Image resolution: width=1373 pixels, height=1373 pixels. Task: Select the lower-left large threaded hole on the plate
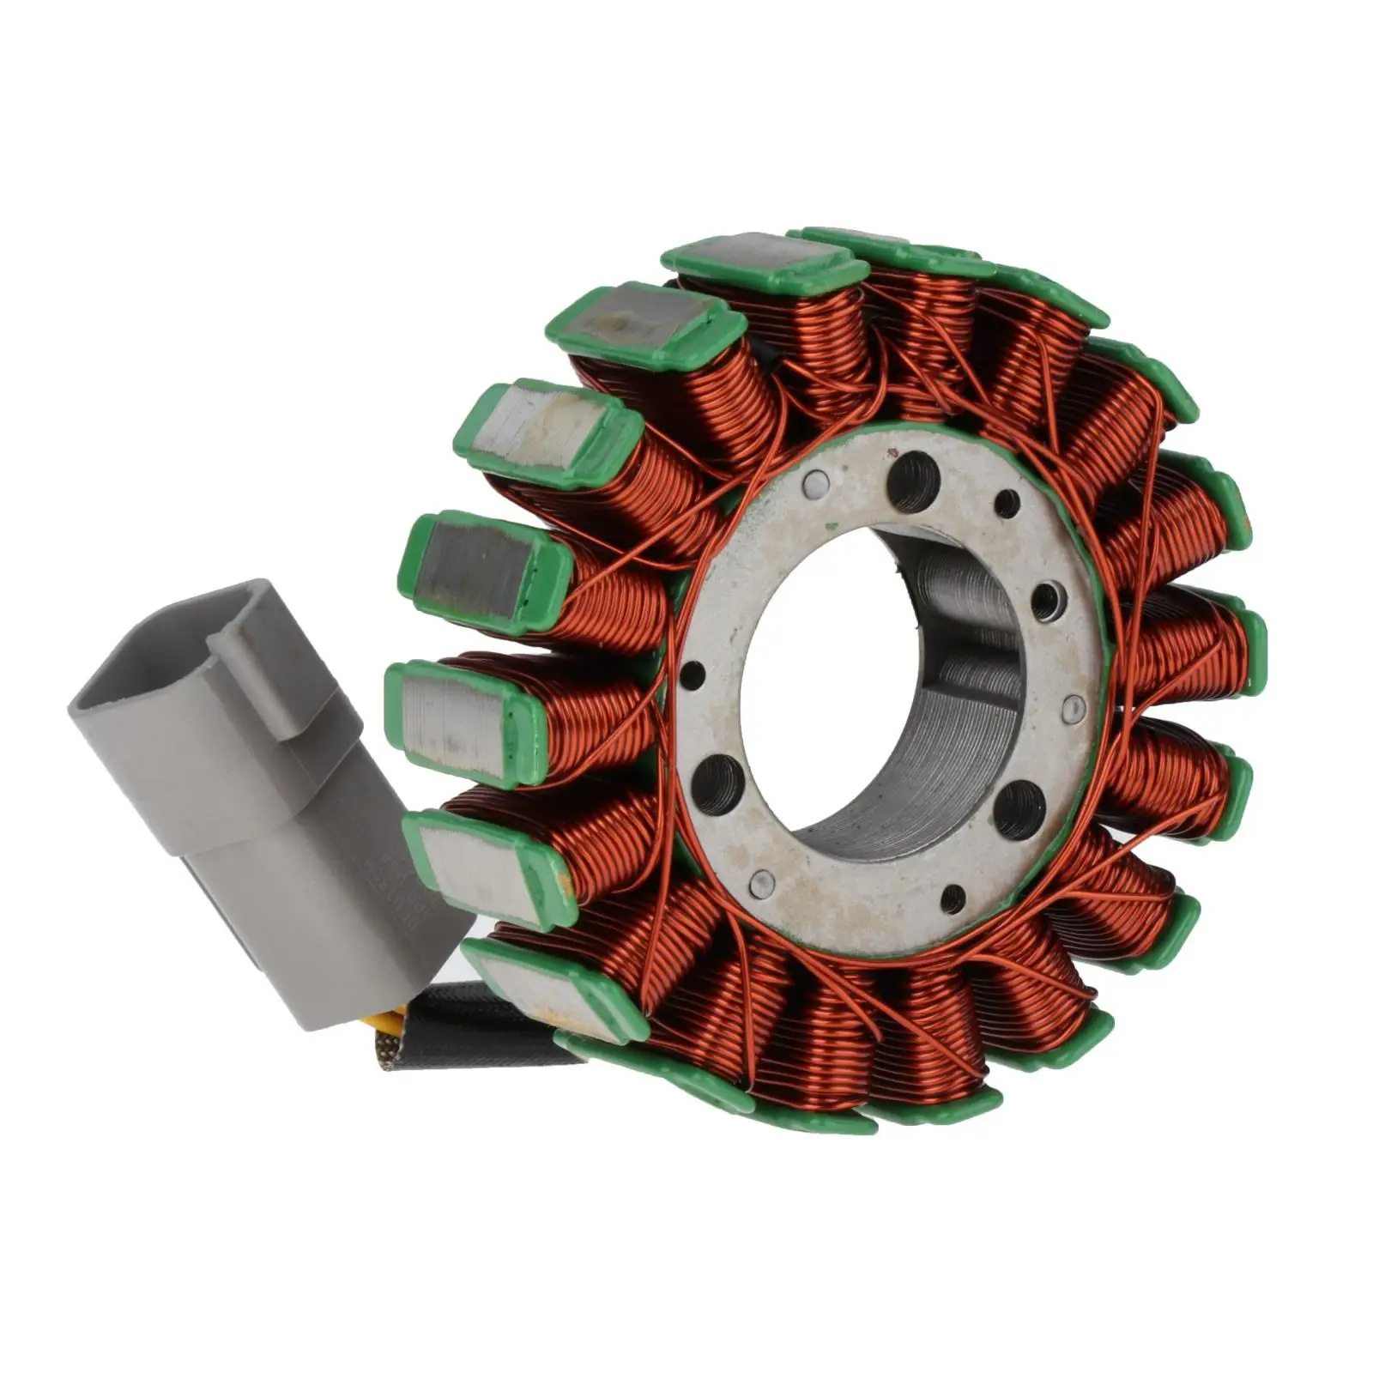tap(714, 783)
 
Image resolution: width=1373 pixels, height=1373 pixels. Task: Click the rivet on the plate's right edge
tap(1069, 706)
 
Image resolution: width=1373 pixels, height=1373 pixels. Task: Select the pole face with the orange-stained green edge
tap(485, 867)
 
